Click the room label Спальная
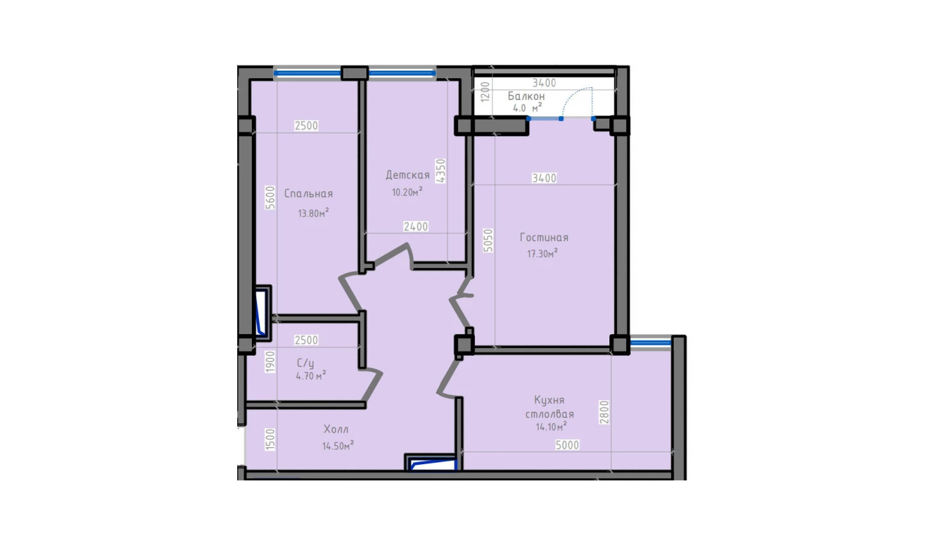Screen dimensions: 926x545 (x=308, y=194)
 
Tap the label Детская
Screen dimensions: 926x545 (x=408, y=175)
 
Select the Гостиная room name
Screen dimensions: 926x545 (x=544, y=237)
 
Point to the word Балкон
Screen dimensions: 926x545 (x=526, y=96)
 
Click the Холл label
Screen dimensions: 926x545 (x=336, y=429)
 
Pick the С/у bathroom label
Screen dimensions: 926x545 (x=306, y=363)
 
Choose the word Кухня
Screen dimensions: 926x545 (x=549, y=400)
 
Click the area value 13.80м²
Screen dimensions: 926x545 (x=313, y=213)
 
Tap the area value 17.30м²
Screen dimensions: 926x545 (x=542, y=253)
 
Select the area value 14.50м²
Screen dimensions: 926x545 (x=338, y=446)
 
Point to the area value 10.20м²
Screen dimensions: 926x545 (x=407, y=192)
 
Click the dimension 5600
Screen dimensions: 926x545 (x=270, y=197)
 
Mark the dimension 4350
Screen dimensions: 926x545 (x=441, y=171)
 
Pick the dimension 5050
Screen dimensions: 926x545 (x=488, y=240)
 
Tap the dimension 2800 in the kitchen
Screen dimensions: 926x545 (x=604, y=412)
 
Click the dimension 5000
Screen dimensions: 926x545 (x=567, y=445)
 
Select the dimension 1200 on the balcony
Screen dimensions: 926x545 (x=485, y=92)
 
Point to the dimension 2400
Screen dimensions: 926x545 (x=416, y=226)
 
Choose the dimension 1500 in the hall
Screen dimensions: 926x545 (x=270, y=440)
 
